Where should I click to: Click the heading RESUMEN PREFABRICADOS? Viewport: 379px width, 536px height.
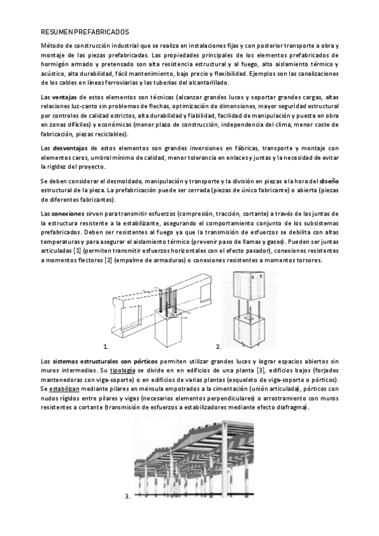(84, 30)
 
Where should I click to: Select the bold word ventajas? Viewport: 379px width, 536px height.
(65, 97)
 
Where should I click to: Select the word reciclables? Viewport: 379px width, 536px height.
(110, 134)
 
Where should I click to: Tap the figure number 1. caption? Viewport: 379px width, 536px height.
(104, 347)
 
